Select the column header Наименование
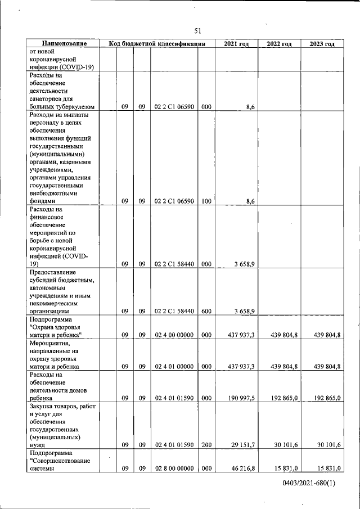pos(64,44)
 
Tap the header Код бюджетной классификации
pos(157,44)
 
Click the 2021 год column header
pos(236,44)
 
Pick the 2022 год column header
pos(279,44)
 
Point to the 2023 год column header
pos(322,44)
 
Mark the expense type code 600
pos(206,310)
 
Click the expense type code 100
pos(206,200)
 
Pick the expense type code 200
pos(206,444)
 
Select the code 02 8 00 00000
pos(174,468)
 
